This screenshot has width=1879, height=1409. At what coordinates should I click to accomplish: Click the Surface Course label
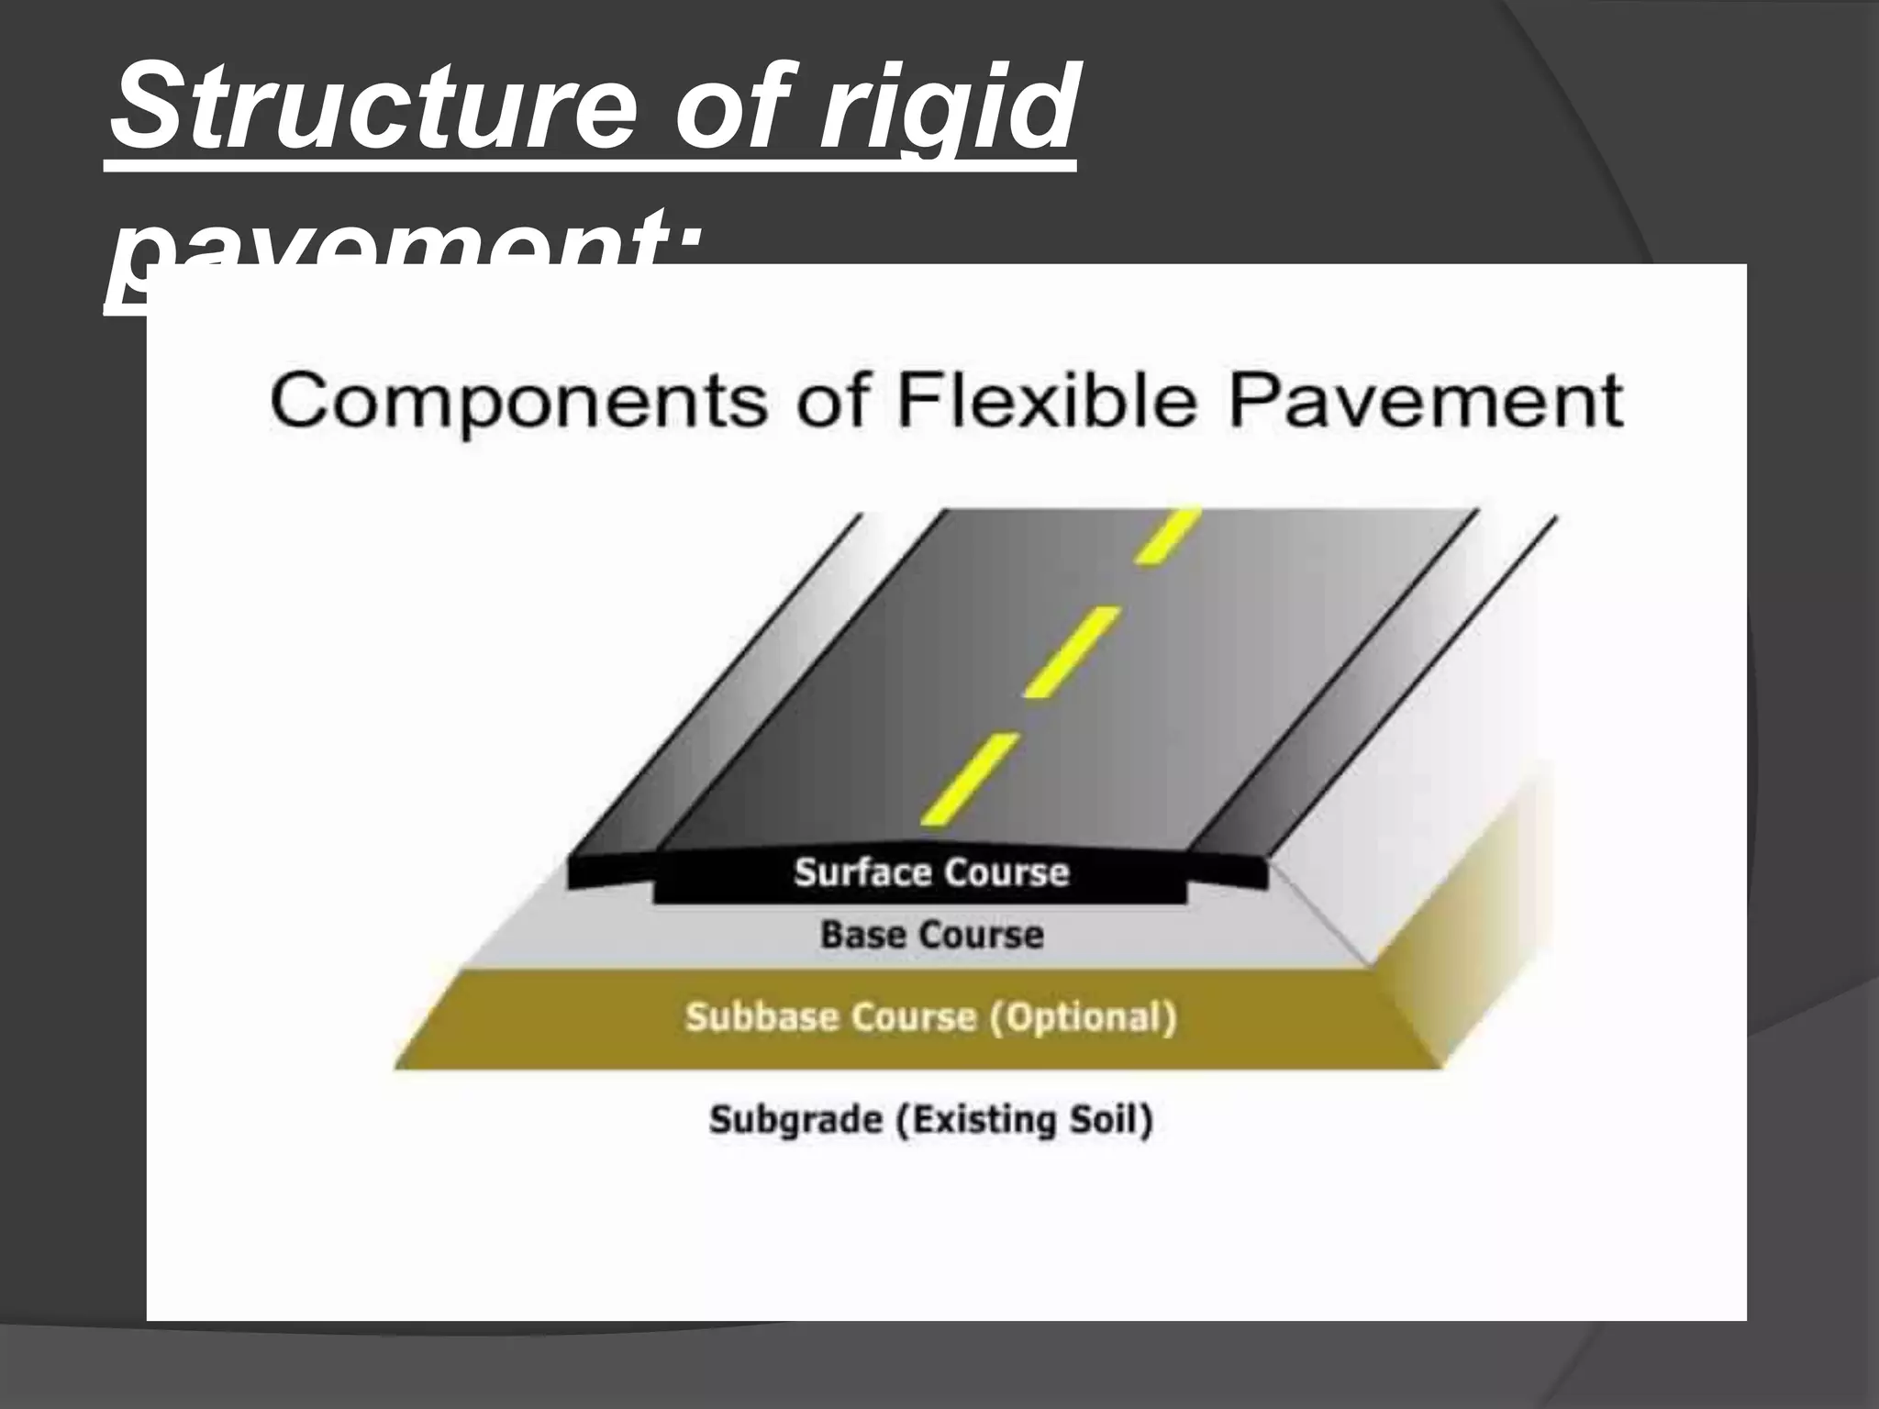(931, 871)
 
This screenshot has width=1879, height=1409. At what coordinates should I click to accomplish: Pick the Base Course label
(931, 935)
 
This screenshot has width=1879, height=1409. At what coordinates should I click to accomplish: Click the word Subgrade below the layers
(795, 1119)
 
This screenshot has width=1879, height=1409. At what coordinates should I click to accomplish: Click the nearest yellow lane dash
(968, 778)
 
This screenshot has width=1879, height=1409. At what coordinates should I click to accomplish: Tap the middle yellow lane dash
(1071, 651)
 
